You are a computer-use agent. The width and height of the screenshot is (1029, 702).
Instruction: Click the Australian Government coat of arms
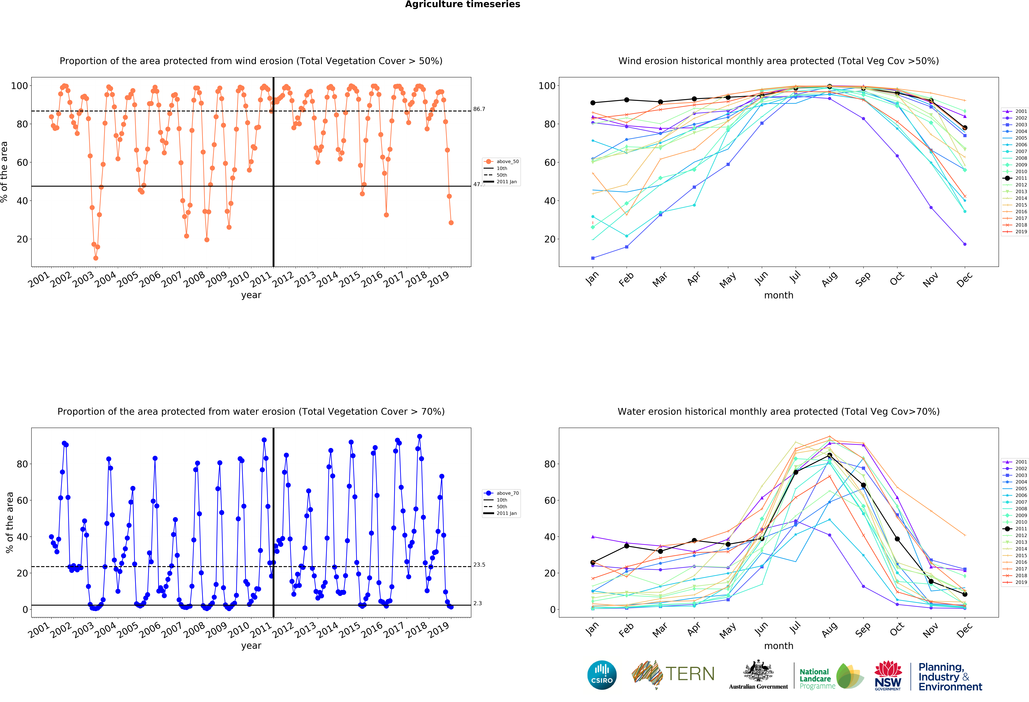coord(758,671)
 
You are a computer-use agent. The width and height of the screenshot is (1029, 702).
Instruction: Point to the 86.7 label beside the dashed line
coord(479,109)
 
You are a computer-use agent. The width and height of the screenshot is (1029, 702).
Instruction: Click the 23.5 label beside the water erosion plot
coord(479,565)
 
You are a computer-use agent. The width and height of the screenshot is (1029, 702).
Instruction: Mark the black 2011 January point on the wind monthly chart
coord(593,103)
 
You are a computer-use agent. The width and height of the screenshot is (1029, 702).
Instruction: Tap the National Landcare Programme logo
coord(831,677)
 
